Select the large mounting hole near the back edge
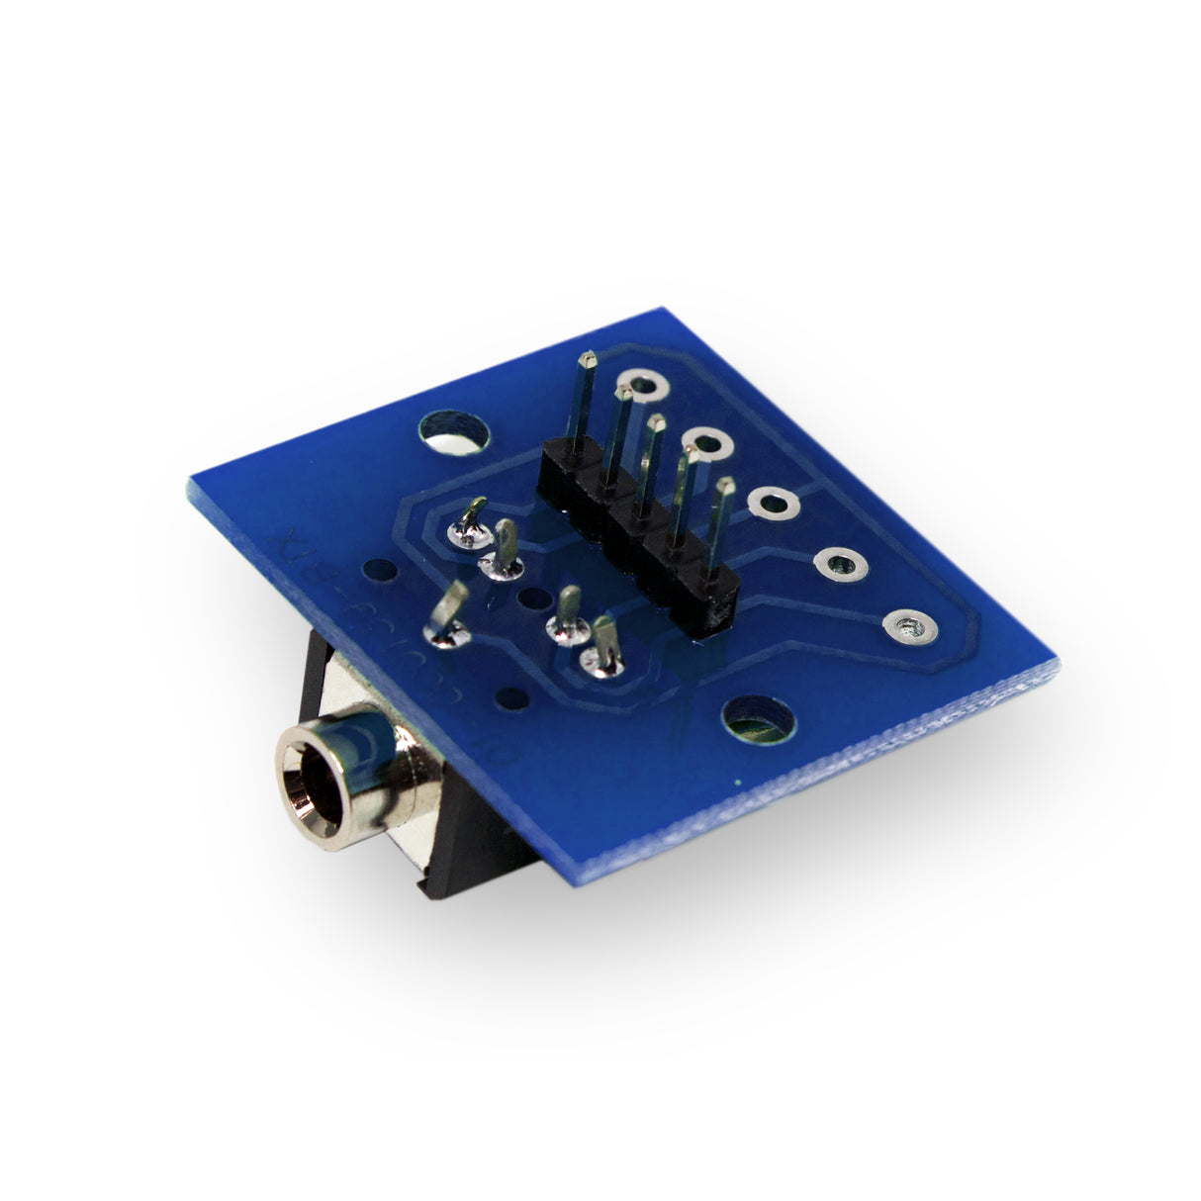tap(453, 431)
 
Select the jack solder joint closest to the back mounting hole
tap(470, 529)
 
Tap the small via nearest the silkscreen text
tap(379, 571)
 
